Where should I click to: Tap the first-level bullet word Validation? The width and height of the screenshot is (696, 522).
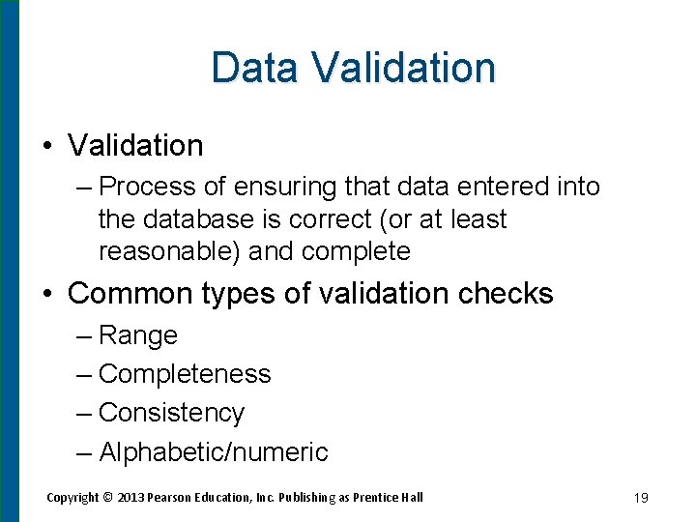[135, 146]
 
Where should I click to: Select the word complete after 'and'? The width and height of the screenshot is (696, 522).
[356, 251]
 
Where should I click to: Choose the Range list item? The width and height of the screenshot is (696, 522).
[138, 335]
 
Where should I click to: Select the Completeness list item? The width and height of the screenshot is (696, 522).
[185, 374]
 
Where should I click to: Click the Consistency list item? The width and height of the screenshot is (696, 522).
[171, 413]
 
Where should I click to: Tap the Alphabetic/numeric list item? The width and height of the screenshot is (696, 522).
[213, 451]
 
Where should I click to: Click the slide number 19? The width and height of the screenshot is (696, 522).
[640, 498]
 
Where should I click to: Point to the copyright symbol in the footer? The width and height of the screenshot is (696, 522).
[107, 497]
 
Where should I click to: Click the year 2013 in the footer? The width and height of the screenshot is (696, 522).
[130, 497]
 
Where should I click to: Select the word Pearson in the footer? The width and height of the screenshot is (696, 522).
[172, 497]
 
